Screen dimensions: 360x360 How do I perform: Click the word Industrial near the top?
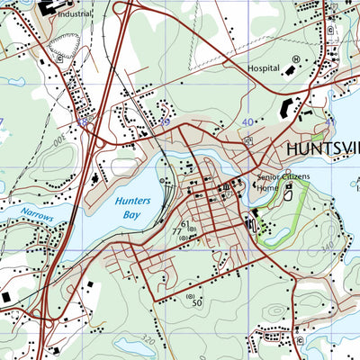(x=74, y=14)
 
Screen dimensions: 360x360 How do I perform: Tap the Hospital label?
(x=264, y=68)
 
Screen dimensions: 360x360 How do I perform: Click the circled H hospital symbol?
(x=295, y=60)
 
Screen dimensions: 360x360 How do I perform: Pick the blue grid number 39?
(x=165, y=120)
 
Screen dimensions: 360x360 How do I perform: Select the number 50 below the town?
(x=195, y=304)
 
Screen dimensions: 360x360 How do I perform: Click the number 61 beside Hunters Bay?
(x=186, y=224)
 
